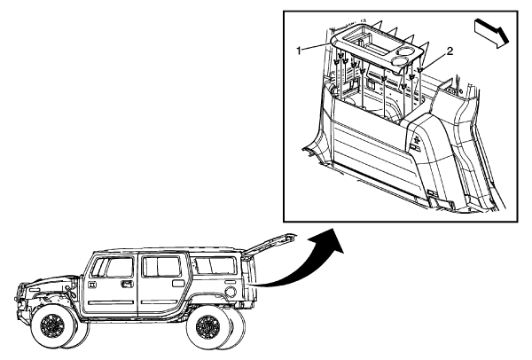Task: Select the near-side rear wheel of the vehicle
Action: coord(211,330)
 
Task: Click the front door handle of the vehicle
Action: coord(128,284)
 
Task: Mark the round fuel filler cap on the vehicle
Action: coord(231,292)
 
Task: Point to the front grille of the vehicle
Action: coord(25,297)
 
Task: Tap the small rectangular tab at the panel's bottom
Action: coord(430,193)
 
